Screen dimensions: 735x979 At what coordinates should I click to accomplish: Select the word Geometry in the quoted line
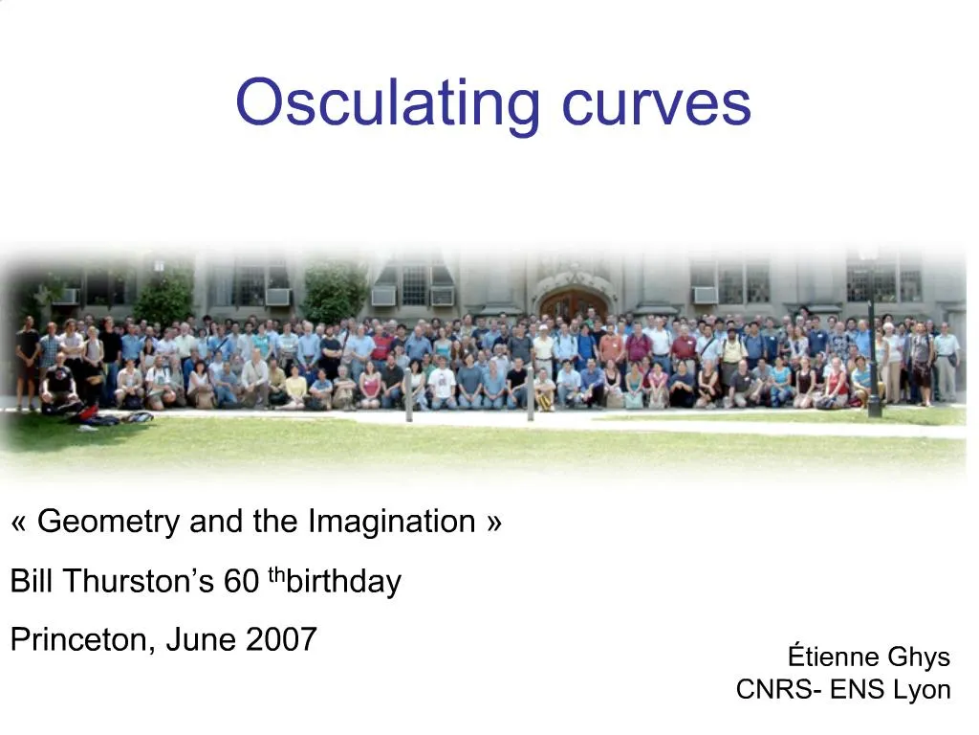[x=109, y=522]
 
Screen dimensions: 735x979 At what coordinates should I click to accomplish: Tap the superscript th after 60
[x=276, y=575]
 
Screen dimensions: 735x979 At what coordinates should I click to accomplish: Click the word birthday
[x=344, y=581]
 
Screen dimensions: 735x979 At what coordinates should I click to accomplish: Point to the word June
[x=201, y=639]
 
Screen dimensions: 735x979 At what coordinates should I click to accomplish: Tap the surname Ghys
[x=919, y=657]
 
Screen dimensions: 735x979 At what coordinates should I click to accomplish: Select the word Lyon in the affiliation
[x=922, y=689]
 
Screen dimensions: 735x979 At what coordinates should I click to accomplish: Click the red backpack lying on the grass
[x=87, y=414]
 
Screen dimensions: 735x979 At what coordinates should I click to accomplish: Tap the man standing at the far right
[x=946, y=364]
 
